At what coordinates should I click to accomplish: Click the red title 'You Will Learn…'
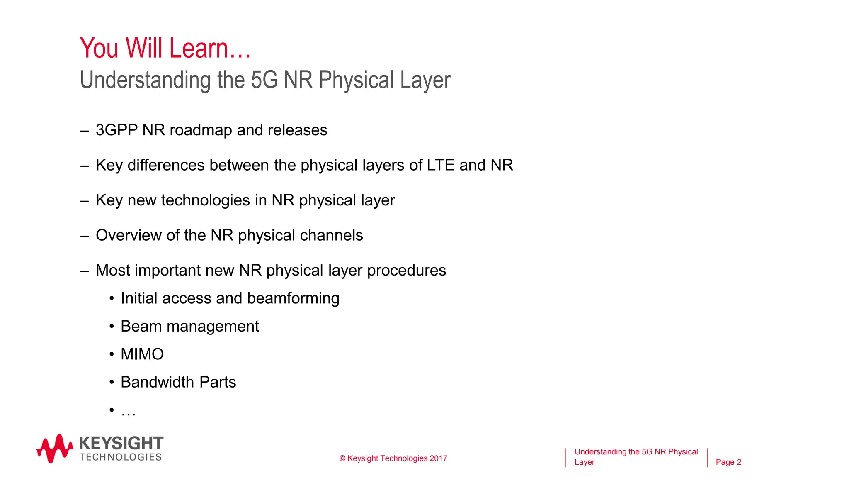(165, 48)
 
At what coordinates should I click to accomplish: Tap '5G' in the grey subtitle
(264, 80)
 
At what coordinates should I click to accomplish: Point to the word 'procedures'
(406, 271)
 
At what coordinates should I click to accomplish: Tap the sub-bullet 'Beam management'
(189, 327)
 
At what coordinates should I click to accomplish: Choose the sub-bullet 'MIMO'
(142, 354)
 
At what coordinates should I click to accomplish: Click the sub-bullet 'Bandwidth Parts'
(178, 382)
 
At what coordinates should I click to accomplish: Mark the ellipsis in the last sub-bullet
(129, 412)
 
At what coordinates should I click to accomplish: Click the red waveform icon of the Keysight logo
(55, 449)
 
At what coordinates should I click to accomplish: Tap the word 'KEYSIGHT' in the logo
(121, 443)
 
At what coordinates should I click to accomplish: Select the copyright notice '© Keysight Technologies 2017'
(393, 458)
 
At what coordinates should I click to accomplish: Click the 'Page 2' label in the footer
(728, 462)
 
